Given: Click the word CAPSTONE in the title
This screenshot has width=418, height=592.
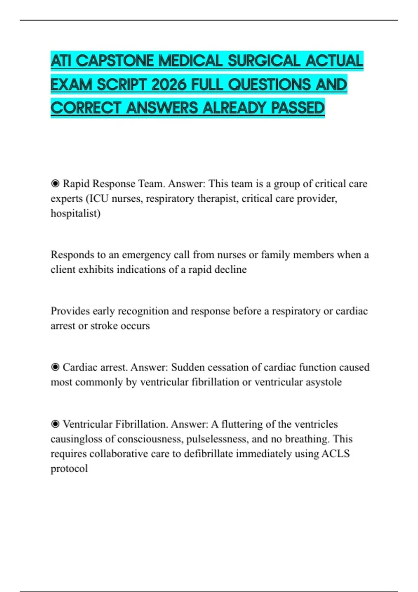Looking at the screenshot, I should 115,61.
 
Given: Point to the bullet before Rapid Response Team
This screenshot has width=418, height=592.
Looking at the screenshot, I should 55,184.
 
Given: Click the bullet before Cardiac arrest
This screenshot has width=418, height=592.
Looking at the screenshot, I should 55,367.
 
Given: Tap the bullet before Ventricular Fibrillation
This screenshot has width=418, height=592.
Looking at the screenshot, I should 55,424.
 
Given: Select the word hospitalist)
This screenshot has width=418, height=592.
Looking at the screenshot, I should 76,213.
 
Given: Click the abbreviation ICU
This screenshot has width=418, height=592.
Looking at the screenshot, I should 99,198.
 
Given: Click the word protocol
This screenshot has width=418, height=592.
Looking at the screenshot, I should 69,469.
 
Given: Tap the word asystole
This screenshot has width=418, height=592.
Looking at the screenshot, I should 324,382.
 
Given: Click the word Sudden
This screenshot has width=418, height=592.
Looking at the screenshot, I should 188,367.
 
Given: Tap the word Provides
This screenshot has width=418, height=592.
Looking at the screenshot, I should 70,311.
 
